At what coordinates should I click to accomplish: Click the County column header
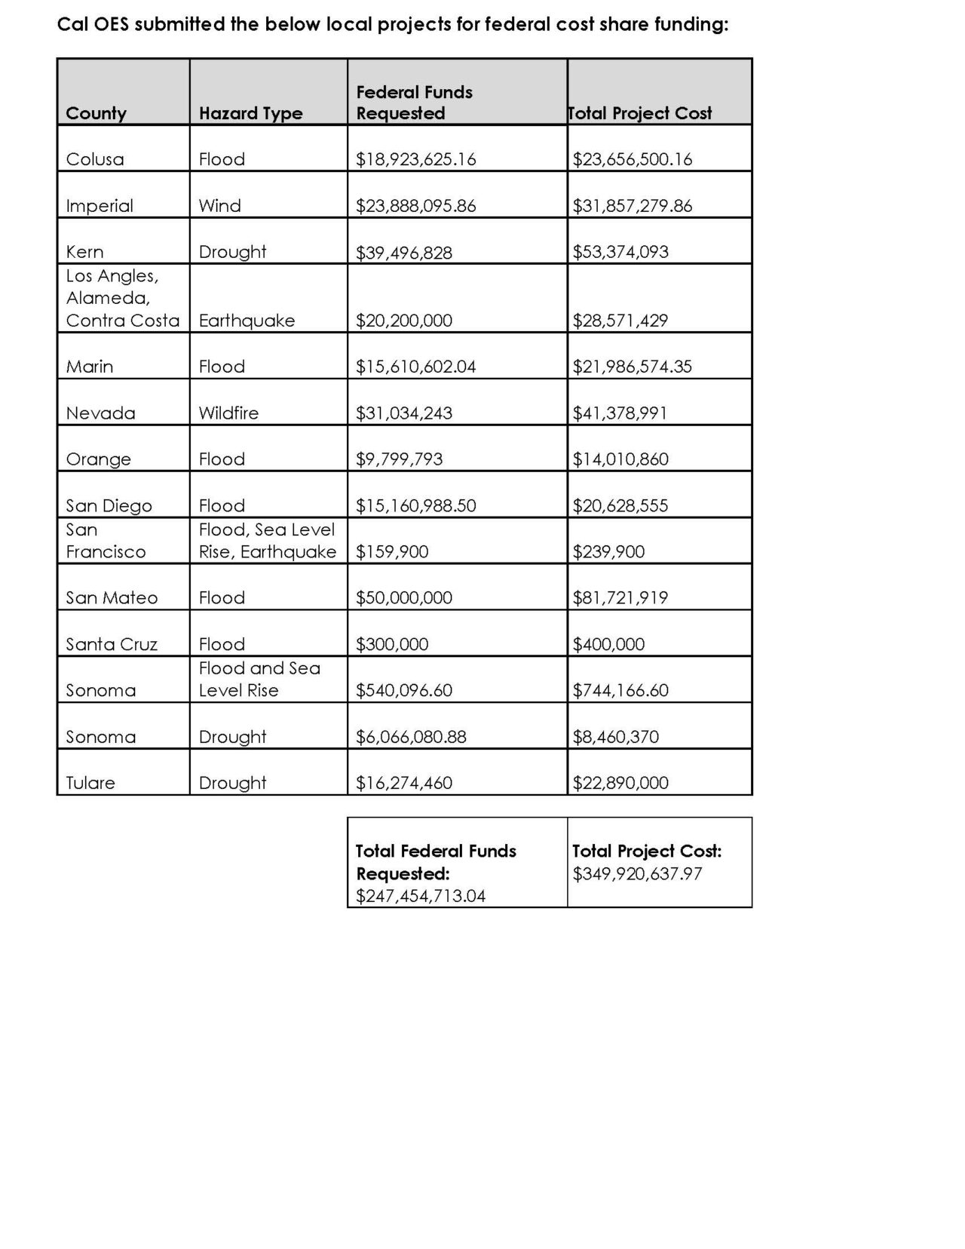pyautogui.click(x=96, y=113)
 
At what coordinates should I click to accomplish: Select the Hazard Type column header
pyautogui.click(x=250, y=113)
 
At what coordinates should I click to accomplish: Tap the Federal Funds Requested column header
pyautogui.click(x=414, y=103)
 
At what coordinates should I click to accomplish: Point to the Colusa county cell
pyautogui.click(x=95, y=159)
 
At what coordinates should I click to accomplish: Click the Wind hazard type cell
pyautogui.click(x=220, y=206)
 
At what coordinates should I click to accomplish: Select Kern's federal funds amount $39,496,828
pyautogui.click(x=404, y=252)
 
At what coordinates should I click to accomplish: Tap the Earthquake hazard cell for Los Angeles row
pyautogui.click(x=247, y=321)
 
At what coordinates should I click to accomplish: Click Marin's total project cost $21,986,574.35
pyautogui.click(x=632, y=367)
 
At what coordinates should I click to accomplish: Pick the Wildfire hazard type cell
pyautogui.click(x=228, y=413)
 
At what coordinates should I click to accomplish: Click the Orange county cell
pyautogui.click(x=98, y=459)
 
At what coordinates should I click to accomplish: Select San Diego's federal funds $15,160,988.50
pyautogui.click(x=415, y=505)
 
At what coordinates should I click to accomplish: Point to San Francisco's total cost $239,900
pyautogui.click(x=608, y=551)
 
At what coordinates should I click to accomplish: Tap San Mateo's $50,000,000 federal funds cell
pyautogui.click(x=404, y=598)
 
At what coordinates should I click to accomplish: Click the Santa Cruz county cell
pyautogui.click(x=112, y=644)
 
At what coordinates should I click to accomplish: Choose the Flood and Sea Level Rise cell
pyautogui.click(x=259, y=679)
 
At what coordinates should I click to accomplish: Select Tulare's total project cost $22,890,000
pyautogui.click(x=620, y=783)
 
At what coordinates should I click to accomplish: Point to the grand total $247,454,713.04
pyautogui.click(x=421, y=896)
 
